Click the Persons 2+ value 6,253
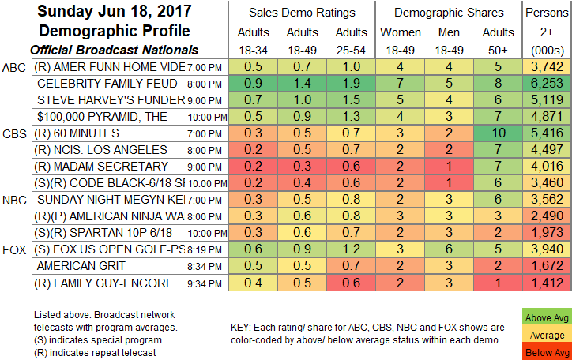pyautogui.click(x=547, y=84)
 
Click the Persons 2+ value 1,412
pyautogui.click(x=547, y=283)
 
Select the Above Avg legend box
pyautogui.click(x=546, y=316)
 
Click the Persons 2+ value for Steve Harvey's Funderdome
pyautogui.click(x=547, y=101)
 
